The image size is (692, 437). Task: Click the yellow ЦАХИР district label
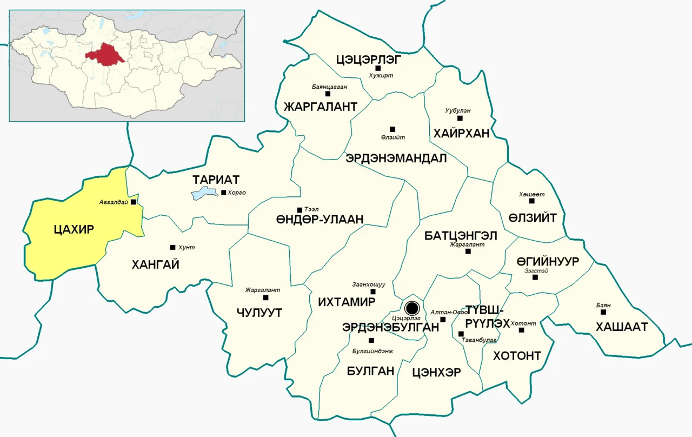[74, 229]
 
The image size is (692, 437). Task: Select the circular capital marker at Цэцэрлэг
[412, 308]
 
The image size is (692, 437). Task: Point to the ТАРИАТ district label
[216, 180]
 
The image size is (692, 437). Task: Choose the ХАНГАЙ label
[155, 264]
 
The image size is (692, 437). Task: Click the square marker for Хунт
[172, 247]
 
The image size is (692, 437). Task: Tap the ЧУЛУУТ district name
[259, 313]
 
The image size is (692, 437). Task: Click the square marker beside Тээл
[299, 210]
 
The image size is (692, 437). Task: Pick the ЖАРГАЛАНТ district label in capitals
[320, 107]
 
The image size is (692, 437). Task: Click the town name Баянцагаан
[329, 87]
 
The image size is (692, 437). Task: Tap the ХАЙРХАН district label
[461, 134]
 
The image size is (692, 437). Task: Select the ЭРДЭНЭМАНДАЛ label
[396, 158]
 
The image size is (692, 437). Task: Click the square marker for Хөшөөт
[531, 201]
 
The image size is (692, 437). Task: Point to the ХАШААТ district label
[621, 327]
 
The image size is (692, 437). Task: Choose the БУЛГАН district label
[370, 370]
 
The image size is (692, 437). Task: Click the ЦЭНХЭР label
[436, 372]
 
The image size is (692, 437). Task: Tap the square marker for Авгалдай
[134, 202]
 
